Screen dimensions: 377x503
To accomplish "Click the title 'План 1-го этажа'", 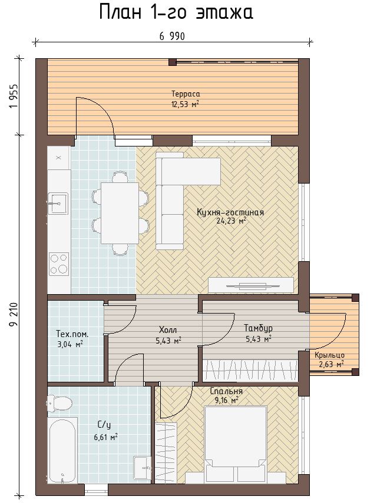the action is [x=176, y=13].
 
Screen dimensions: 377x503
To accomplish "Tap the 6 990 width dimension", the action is [x=172, y=36].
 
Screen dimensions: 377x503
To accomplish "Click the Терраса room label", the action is [x=186, y=94].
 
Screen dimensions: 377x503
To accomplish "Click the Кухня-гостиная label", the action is [x=230, y=212].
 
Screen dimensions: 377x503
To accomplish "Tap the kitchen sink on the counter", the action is [x=58, y=204].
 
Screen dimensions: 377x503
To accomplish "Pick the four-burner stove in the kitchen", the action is [x=59, y=264].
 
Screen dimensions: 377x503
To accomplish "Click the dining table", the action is [x=120, y=213].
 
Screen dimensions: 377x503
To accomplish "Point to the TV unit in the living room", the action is [x=251, y=285].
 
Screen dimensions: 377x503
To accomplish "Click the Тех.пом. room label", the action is [x=72, y=334].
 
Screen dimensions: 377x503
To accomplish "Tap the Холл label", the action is [x=168, y=330].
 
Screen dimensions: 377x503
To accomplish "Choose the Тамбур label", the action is [x=258, y=328].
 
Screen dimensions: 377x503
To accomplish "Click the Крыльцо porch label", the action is [x=329, y=355].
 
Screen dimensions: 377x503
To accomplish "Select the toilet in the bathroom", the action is [x=59, y=403].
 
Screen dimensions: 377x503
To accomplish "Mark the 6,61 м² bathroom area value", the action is [x=104, y=437].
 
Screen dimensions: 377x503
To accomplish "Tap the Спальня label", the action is [x=226, y=391].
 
